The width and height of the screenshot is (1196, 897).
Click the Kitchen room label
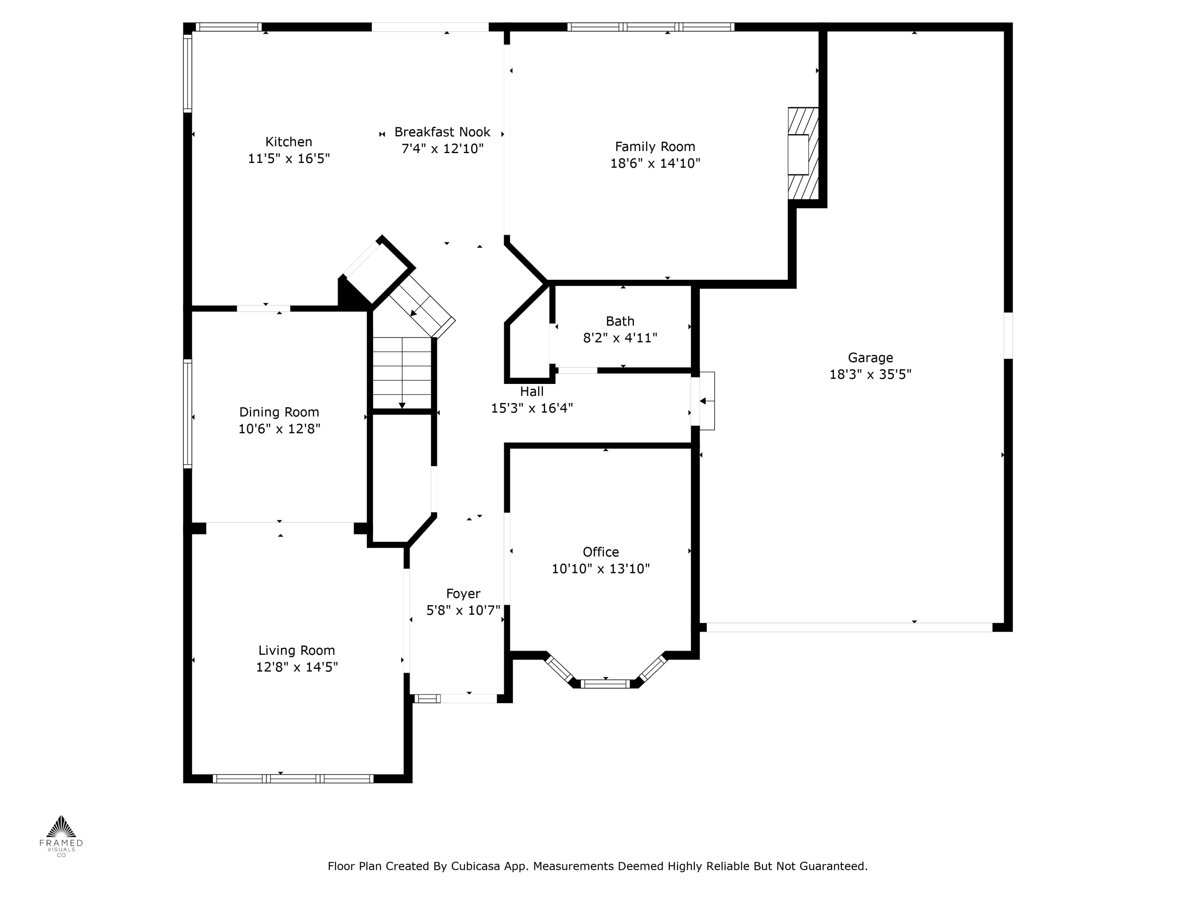[288, 142]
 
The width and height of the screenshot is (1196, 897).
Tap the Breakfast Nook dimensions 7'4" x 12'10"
[442, 149]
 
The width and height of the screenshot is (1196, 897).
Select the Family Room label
[655, 147]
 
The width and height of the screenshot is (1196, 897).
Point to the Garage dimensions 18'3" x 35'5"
[870, 374]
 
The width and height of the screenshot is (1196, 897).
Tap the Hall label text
[531, 391]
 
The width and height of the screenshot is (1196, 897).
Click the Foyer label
[463, 594]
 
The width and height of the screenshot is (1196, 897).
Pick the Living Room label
[296, 651]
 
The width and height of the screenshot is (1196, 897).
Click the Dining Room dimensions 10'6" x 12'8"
[279, 429]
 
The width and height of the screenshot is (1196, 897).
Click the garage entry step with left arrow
[706, 401]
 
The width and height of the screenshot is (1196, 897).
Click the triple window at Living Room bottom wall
[293, 779]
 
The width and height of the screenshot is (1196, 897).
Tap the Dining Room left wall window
[188, 414]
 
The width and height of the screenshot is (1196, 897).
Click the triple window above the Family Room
[651, 26]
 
